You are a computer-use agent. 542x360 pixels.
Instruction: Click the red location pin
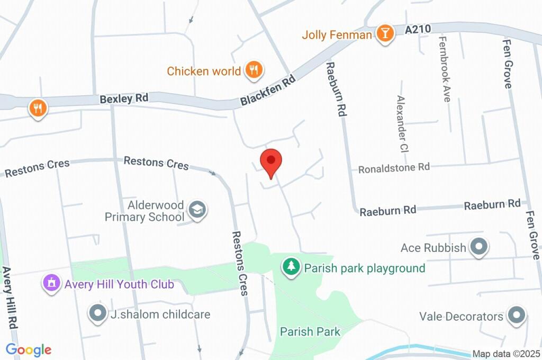[x=271, y=161]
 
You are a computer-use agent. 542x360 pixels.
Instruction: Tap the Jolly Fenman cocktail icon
[x=385, y=34]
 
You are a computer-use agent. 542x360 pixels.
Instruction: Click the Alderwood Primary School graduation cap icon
[x=198, y=210]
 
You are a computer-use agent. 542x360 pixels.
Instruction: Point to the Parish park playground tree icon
[x=291, y=267]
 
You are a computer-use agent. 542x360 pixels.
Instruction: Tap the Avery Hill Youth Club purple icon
[x=51, y=283]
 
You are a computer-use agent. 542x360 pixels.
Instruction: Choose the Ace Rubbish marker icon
[x=479, y=247]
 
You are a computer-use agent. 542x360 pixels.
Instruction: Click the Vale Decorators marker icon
[x=516, y=316]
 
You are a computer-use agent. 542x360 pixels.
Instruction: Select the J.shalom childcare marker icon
[x=98, y=313]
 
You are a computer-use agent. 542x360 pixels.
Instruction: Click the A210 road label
[x=418, y=30]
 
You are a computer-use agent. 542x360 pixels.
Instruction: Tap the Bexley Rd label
[x=124, y=98]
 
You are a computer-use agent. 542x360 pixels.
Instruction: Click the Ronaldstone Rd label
[x=394, y=168]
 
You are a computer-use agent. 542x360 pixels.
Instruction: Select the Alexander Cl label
[x=402, y=123]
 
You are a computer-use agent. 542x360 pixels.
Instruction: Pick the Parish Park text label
[x=310, y=332]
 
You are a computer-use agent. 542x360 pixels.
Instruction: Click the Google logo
[x=29, y=349]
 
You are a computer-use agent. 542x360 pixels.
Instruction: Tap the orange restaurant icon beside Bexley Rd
[x=38, y=108]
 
